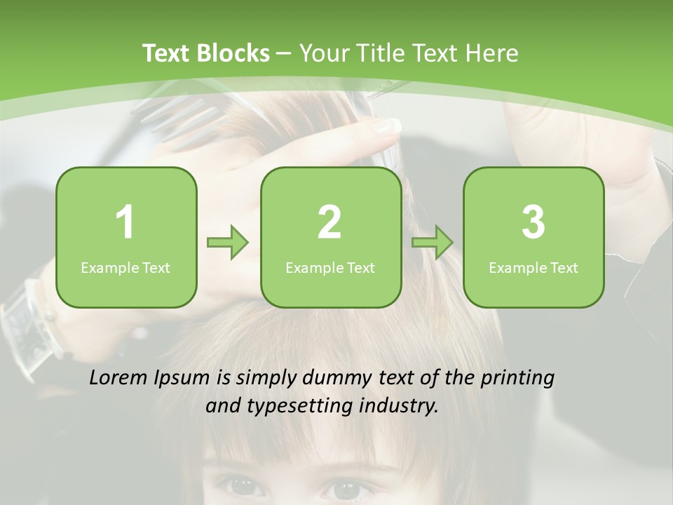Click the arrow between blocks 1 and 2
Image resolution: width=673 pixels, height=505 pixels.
(228, 243)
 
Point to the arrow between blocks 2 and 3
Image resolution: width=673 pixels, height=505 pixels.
(433, 243)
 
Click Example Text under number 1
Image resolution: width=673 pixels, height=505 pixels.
(125, 268)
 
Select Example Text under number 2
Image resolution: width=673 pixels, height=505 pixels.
(330, 268)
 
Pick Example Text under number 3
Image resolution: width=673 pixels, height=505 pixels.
(533, 268)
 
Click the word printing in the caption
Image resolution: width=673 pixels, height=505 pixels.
(517, 378)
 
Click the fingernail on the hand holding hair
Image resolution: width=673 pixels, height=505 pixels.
(387, 126)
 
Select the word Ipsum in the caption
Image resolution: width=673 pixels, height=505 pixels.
(183, 378)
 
